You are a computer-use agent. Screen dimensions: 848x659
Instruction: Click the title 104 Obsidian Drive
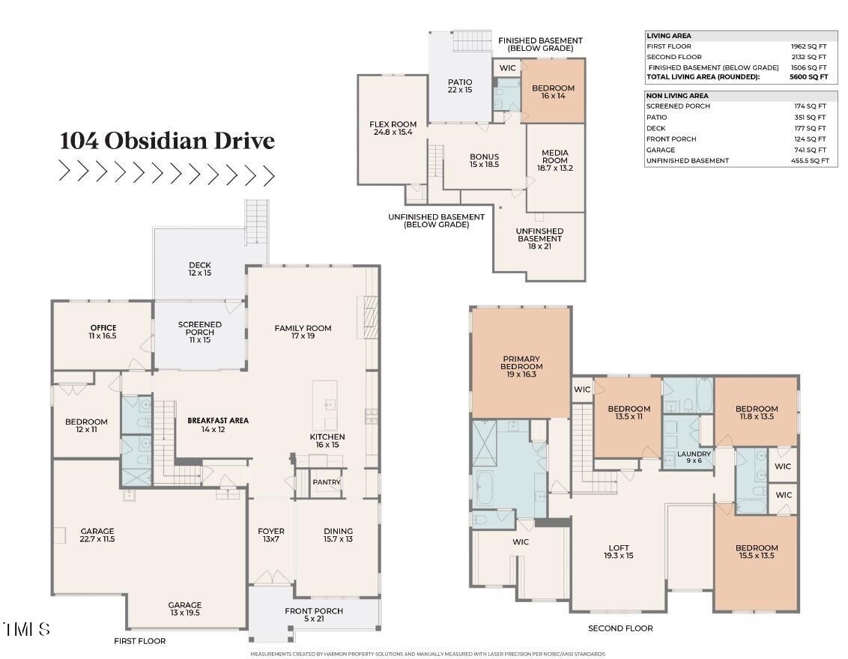[x=167, y=141]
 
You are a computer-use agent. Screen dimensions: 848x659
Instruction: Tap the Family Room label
[x=303, y=332]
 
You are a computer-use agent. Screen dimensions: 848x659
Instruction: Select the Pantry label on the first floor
[x=327, y=482]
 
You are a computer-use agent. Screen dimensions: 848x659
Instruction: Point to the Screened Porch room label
[x=199, y=332]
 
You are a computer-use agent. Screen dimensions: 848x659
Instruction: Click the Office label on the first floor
[x=103, y=332]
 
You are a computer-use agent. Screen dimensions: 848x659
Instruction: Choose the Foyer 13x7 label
[x=271, y=535]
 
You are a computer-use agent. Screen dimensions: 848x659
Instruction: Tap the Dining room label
[x=338, y=535]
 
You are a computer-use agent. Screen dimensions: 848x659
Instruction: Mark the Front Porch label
[x=314, y=615]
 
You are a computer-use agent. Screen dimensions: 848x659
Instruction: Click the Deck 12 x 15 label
[x=200, y=269]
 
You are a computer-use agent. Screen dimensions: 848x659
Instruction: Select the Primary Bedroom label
[x=521, y=366]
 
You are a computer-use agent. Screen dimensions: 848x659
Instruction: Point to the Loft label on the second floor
[x=619, y=551]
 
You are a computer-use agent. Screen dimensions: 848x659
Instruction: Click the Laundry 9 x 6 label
[x=694, y=458]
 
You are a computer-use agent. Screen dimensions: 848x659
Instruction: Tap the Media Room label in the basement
[x=555, y=160]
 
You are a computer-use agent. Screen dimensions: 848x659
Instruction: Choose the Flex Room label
[x=393, y=128]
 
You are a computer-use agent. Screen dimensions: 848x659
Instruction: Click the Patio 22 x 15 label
[x=460, y=86]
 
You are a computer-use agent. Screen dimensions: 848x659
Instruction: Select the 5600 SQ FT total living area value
[x=808, y=77]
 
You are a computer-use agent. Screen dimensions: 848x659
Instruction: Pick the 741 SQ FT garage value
[x=810, y=150]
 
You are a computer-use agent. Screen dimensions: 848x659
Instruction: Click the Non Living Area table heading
[x=677, y=96]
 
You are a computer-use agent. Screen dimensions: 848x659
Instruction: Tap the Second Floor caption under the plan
[x=620, y=628]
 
